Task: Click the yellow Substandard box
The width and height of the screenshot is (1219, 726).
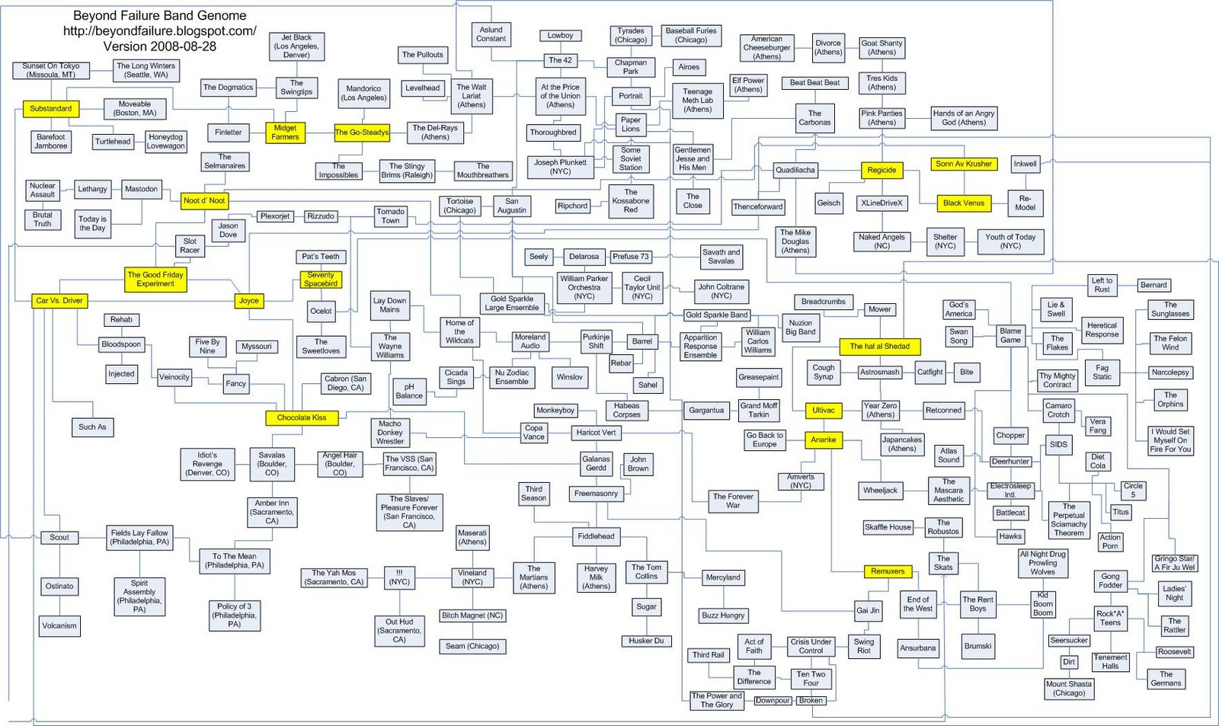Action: click(x=51, y=109)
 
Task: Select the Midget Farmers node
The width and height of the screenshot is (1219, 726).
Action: click(x=285, y=133)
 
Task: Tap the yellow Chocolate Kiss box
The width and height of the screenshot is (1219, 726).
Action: click(x=301, y=417)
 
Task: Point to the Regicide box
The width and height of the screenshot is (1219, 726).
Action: click(x=881, y=170)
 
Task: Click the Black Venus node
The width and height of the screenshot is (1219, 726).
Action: click(x=964, y=203)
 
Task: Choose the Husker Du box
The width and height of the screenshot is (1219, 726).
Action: click(x=646, y=641)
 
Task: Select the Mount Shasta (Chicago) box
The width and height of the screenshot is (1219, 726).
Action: click(x=1068, y=689)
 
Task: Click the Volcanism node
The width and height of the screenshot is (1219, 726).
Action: click(x=59, y=626)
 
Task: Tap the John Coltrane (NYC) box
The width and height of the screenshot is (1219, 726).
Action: click(x=721, y=291)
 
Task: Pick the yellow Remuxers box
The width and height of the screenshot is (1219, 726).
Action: click(x=888, y=571)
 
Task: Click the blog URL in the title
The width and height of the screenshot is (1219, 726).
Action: click(x=159, y=31)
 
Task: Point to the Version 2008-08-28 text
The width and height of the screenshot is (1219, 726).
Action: click(x=159, y=46)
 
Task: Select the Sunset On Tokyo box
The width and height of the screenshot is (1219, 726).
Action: click(x=51, y=70)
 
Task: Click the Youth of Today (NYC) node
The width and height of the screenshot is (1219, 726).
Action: click(x=1010, y=241)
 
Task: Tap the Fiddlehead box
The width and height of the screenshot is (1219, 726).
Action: click(x=596, y=536)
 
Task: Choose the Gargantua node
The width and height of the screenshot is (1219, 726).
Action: click(x=706, y=411)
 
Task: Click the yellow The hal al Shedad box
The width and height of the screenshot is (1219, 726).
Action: click(x=879, y=346)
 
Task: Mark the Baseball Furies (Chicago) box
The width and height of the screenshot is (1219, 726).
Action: click(x=690, y=35)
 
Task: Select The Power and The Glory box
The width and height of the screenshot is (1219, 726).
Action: click(x=716, y=700)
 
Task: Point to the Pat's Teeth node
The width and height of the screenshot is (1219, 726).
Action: click(x=321, y=257)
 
